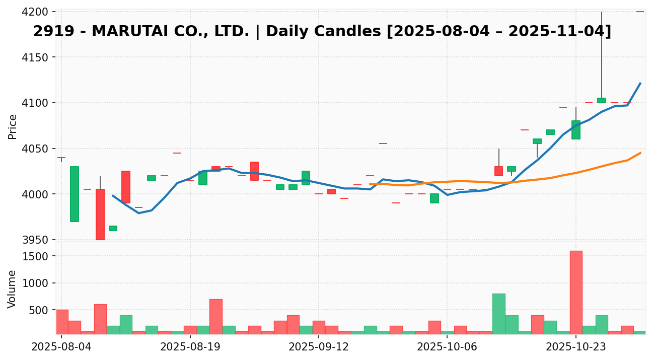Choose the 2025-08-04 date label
coord(61,347)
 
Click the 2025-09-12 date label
coord(319,347)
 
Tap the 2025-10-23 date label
coord(576,347)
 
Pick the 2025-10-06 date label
coord(447,347)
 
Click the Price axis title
coord(13,126)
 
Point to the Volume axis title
coord(13,289)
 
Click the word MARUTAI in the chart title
coord(127,32)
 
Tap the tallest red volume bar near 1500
coord(576,292)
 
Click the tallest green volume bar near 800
coord(498,313)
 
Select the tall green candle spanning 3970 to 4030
coord(74,194)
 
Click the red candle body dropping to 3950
coord(100,214)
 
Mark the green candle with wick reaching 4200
coord(602,100)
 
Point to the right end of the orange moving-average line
coord(640,153)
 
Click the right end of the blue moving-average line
coord(640,83)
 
